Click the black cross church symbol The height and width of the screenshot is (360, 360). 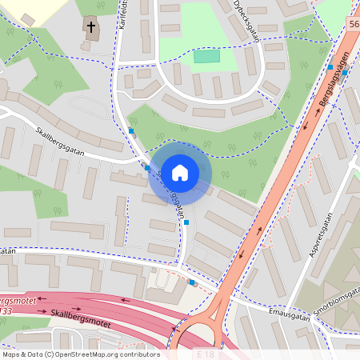tap(91, 28)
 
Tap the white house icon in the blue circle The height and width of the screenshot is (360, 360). tap(180, 172)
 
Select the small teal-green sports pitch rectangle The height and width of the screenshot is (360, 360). tap(206, 56)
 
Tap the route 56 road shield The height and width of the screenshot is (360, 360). tap(354, 26)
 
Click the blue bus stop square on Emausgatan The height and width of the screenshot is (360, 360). tap(192, 282)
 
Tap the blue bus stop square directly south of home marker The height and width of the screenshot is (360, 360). tap(186, 223)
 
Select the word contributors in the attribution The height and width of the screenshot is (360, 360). tap(139, 354)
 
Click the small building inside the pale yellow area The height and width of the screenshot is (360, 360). tap(28, 18)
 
